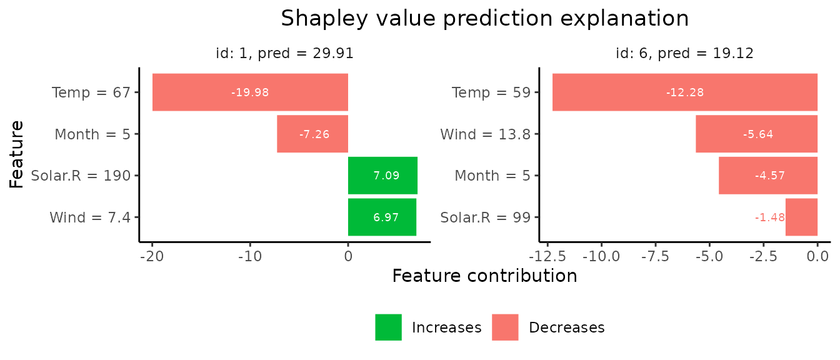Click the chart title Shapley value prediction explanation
[x=484, y=18]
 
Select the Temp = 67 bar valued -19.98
[x=250, y=92]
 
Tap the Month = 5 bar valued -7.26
[x=312, y=134]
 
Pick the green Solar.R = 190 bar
[x=382, y=176]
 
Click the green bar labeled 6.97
[x=382, y=217]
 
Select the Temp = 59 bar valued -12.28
[x=684, y=92]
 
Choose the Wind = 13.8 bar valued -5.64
[x=756, y=134]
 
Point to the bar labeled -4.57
[x=767, y=176]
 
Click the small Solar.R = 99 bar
[x=801, y=217]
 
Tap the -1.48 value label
[x=769, y=217]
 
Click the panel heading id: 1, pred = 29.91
[x=284, y=54]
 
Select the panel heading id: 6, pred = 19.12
[x=684, y=54]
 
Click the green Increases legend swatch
[x=388, y=327]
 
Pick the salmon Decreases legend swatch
[x=505, y=327]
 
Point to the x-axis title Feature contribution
[x=484, y=276]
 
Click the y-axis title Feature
[x=17, y=154]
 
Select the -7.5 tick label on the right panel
[x=655, y=256]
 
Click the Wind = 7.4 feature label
[x=90, y=217]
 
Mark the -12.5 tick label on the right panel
[x=547, y=256]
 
